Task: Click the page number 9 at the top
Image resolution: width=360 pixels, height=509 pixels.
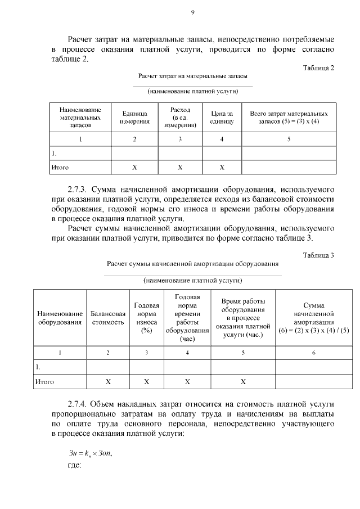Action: pyautogui.click(x=192, y=12)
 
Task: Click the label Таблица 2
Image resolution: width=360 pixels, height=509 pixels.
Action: pyautogui.click(x=318, y=68)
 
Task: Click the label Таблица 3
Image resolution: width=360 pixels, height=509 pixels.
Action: pyautogui.click(x=318, y=255)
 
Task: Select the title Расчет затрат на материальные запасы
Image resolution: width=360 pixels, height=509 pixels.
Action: pyautogui.click(x=193, y=75)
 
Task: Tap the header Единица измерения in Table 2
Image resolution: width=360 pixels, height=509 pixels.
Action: pyautogui.click(x=134, y=117)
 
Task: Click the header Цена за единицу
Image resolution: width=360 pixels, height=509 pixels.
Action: pyautogui.click(x=222, y=117)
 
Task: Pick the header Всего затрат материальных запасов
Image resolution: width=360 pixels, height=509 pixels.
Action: pyautogui.click(x=289, y=117)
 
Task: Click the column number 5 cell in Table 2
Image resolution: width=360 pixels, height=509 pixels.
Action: pyautogui.click(x=289, y=139)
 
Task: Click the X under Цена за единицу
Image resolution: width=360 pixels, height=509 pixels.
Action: pyautogui.click(x=222, y=167)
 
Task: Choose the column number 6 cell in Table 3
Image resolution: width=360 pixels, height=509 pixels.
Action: pyautogui.click(x=314, y=352)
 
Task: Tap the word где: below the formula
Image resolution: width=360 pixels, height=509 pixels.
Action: pyautogui.click(x=74, y=466)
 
